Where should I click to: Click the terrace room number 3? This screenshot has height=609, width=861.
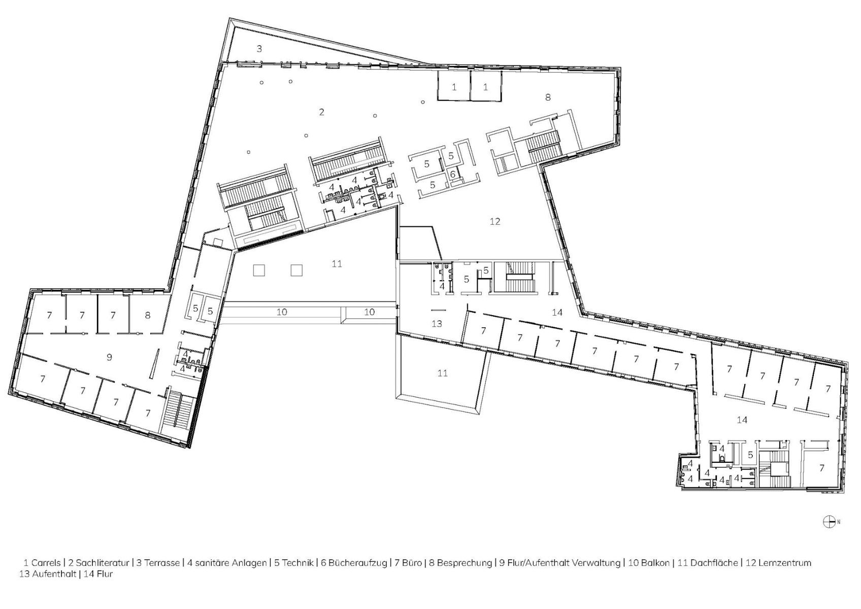pyautogui.click(x=259, y=49)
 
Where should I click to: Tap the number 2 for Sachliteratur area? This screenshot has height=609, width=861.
pyautogui.click(x=321, y=112)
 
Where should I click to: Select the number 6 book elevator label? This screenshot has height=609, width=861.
pyautogui.click(x=453, y=174)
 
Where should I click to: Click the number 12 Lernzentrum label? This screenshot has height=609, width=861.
pyautogui.click(x=495, y=221)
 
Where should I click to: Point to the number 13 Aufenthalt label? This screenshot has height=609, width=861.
pyautogui.click(x=437, y=323)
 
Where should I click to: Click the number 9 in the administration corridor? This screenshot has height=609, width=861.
pyautogui.click(x=109, y=357)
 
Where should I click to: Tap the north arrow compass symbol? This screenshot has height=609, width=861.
pyautogui.click(x=829, y=521)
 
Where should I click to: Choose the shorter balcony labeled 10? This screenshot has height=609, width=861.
pyautogui.click(x=369, y=312)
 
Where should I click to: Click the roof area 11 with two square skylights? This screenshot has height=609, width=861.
pyautogui.click(x=337, y=264)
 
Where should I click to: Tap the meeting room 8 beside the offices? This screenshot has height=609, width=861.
pyautogui.click(x=148, y=315)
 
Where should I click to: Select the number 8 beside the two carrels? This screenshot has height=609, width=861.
pyautogui.click(x=548, y=97)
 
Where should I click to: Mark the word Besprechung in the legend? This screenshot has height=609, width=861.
pyautogui.click(x=464, y=563)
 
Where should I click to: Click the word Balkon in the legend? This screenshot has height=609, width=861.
pyautogui.click(x=655, y=563)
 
